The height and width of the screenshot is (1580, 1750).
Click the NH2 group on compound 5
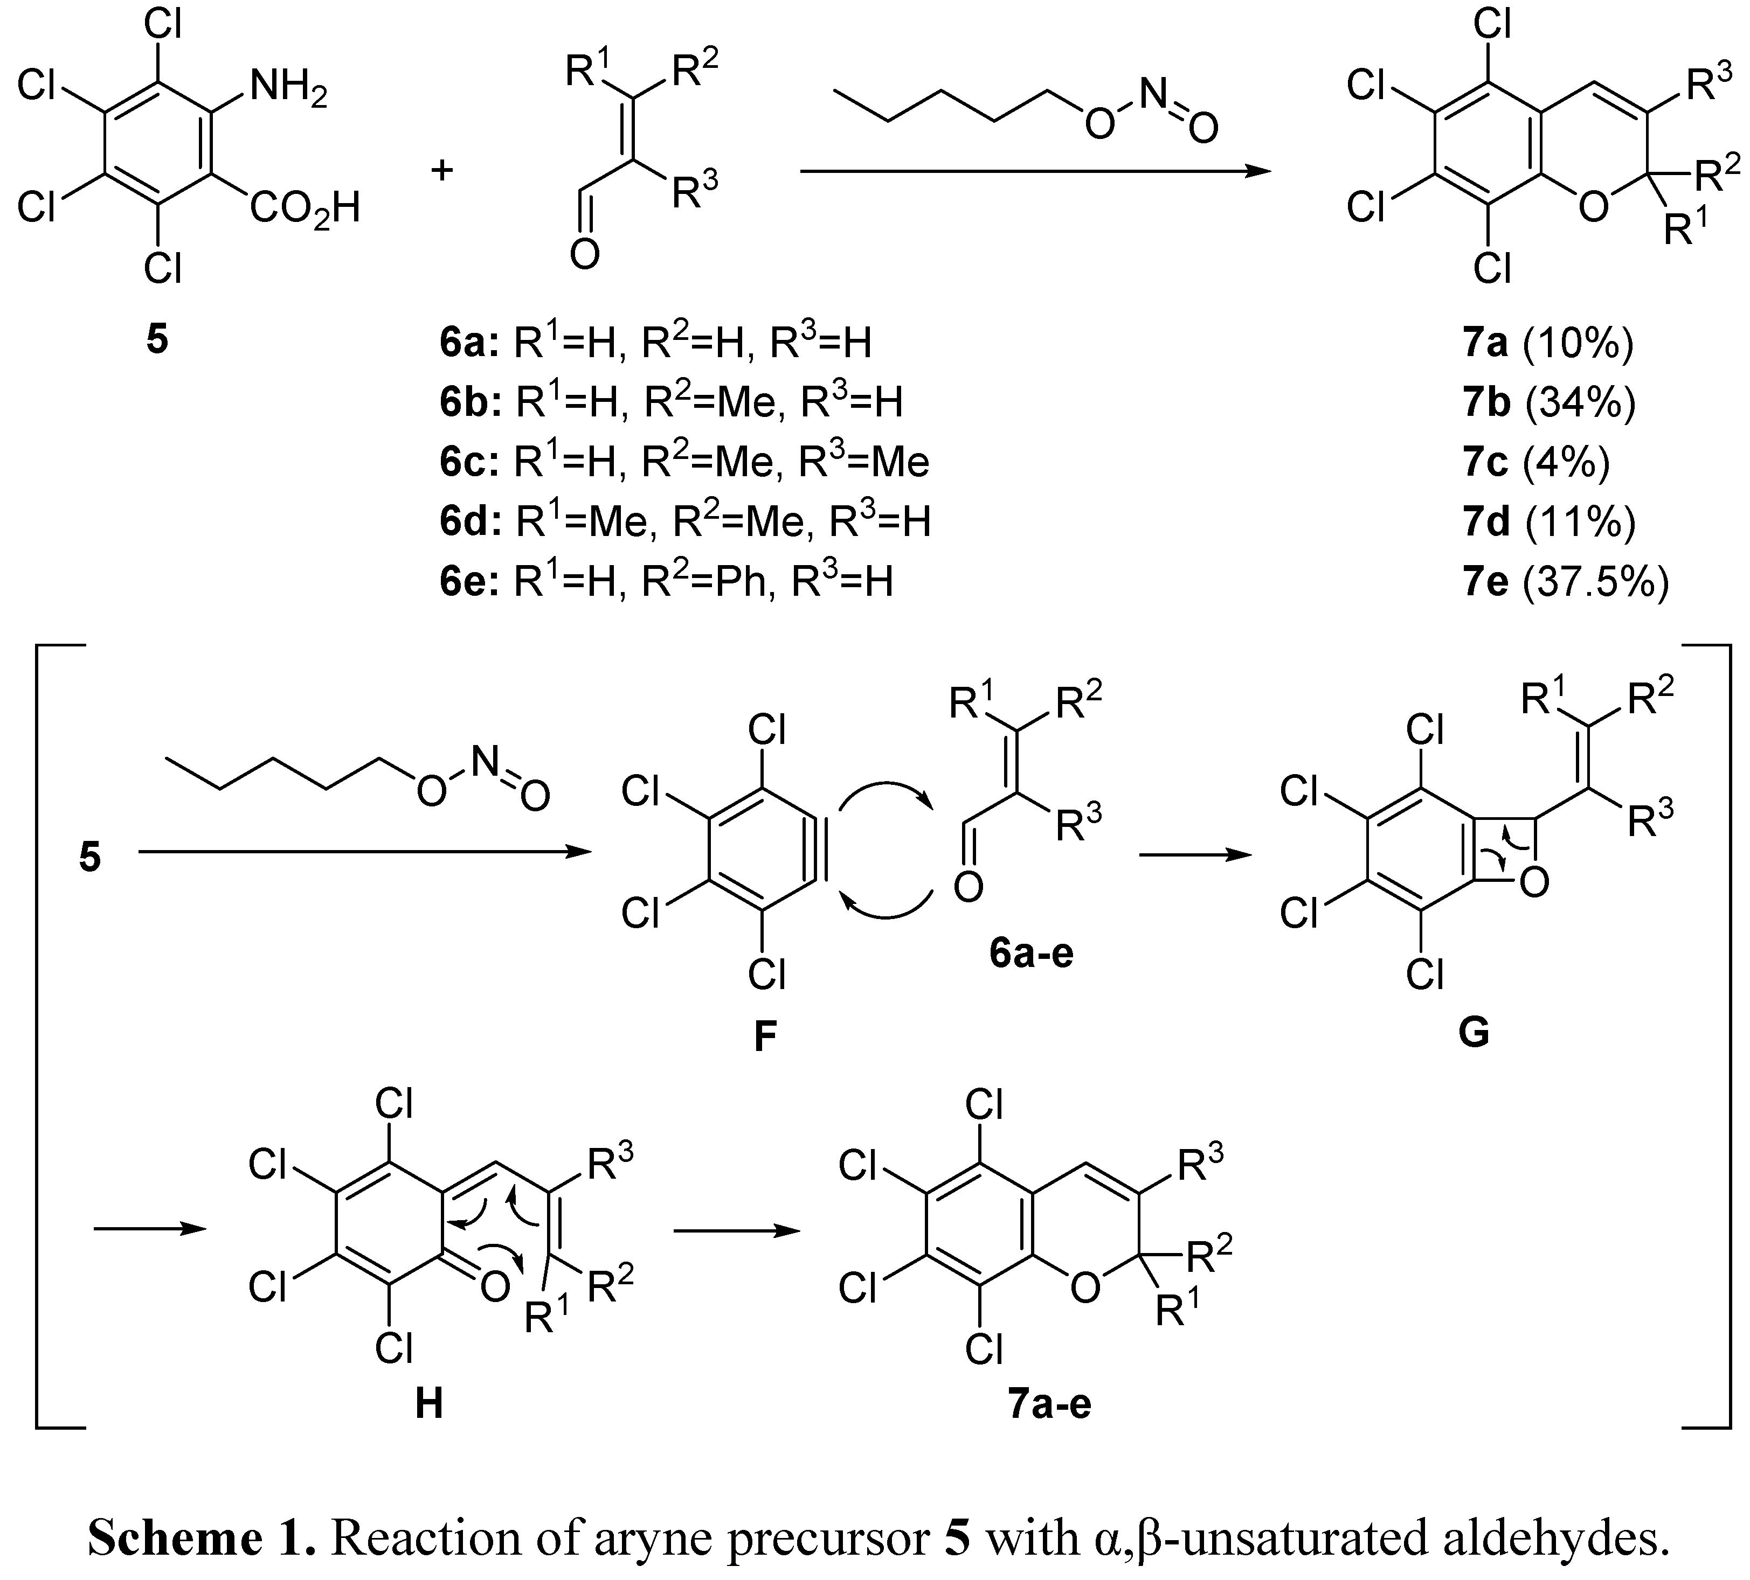coord(288,89)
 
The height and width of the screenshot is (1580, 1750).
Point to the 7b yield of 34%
coord(1548,402)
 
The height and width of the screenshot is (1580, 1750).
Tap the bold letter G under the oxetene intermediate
coord(1474,1033)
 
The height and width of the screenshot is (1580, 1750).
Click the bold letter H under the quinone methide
coord(429,1403)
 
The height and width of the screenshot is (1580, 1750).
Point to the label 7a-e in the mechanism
coord(1049,1403)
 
